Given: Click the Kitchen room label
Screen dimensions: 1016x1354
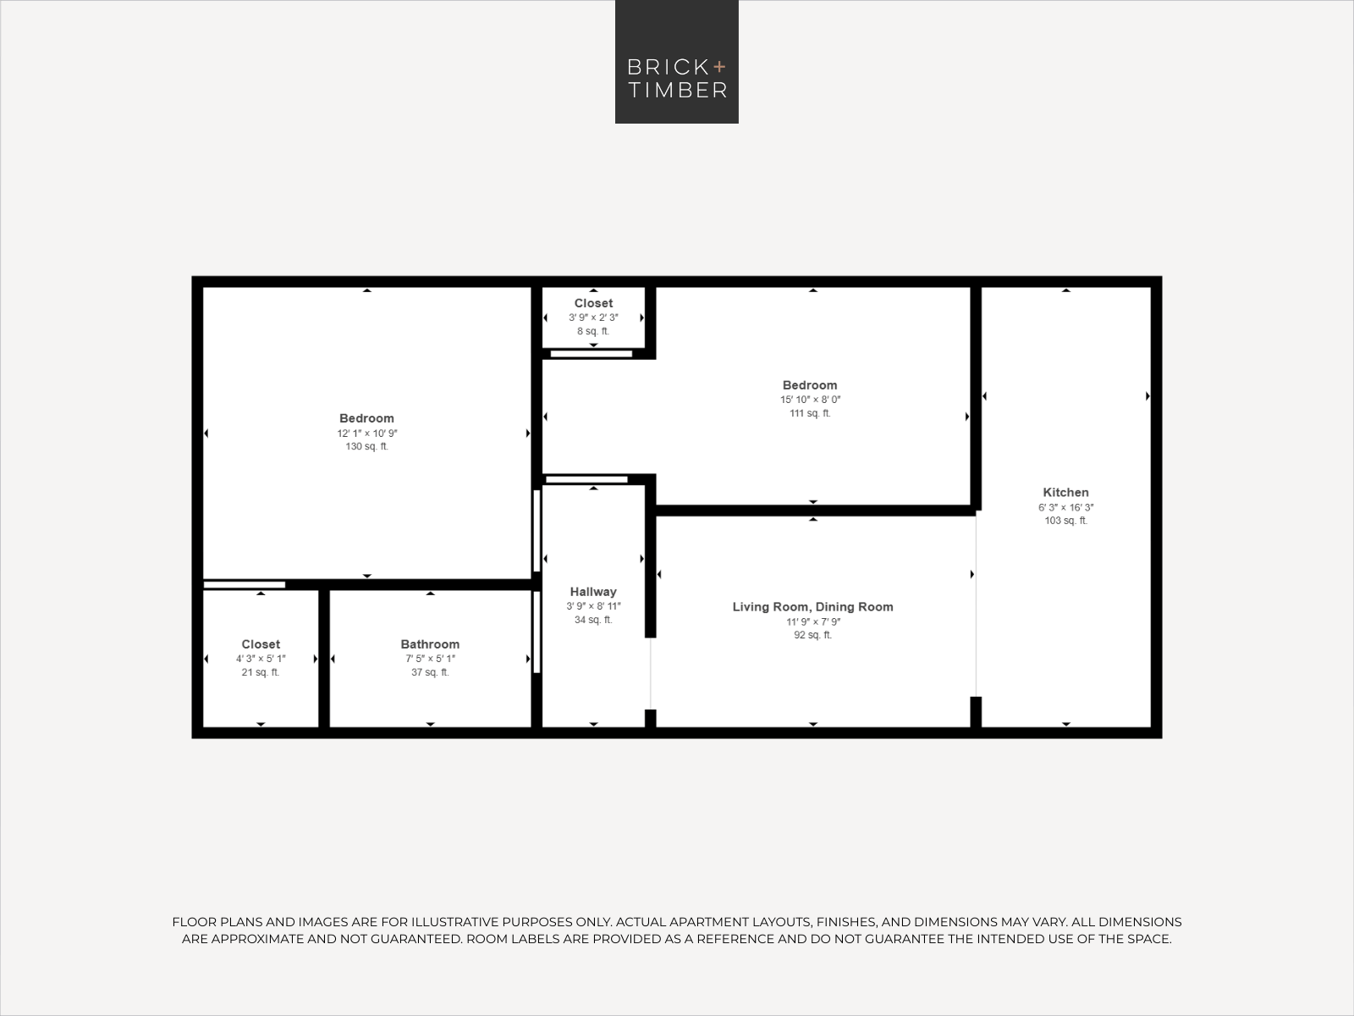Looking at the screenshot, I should tap(1065, 492).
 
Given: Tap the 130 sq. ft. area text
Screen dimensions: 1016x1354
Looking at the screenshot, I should tap(366, 446).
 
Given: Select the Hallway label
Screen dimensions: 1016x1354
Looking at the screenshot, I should tap(593, 592).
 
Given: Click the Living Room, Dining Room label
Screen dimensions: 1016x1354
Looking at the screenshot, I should tap(812, 606).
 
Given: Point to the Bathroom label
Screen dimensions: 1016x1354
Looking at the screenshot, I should tap(430, 644).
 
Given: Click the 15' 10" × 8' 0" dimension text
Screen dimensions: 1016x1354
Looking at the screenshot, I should tap(810, 400).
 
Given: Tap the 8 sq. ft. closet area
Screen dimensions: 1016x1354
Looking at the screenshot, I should tap(593, 331).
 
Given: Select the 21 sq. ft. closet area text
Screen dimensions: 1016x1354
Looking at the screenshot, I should tap(261, 672).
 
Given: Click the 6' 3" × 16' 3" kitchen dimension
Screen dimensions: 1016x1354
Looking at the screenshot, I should tap(1065, 507).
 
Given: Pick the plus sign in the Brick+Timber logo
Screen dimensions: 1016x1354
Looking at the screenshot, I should tap(719, 66).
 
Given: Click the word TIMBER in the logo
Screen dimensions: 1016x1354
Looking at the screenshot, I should tap(677, 91).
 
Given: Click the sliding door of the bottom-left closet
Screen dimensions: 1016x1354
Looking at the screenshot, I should tap(244, 584).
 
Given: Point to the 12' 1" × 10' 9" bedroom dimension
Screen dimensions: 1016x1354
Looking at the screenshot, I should tap(366, 433).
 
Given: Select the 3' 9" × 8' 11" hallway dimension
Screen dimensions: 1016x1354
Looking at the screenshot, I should tap(593, 606).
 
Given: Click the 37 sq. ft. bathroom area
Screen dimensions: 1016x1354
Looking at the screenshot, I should tap(430, 672).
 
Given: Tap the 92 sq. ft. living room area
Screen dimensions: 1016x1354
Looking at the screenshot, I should tap(812, 635).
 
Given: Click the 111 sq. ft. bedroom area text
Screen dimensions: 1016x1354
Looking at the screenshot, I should tap(810, 413).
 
